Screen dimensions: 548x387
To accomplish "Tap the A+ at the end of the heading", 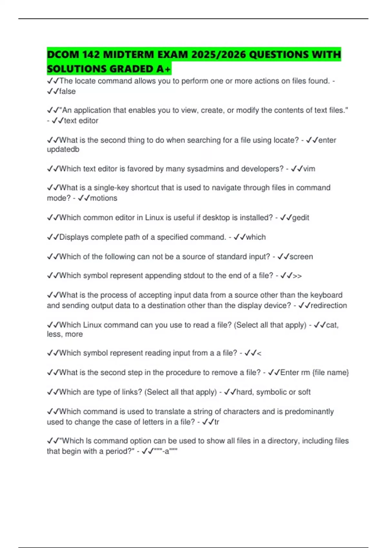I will pos(164,69).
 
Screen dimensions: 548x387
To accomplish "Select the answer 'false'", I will pos(67,92).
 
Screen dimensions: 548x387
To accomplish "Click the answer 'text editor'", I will pos(81,121).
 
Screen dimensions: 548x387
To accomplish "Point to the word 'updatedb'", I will pos(63,150).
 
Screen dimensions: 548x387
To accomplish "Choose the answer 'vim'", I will pos(309,169).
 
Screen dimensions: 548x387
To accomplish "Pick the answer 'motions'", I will pos(104,198).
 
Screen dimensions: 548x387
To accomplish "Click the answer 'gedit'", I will pos(301,218).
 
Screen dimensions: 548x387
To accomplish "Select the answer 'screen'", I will pos(301,257).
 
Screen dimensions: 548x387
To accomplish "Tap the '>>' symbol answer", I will pos(297,276).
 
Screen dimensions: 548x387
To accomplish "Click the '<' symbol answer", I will pos(259,353).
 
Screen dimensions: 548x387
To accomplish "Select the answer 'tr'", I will pos(217,422).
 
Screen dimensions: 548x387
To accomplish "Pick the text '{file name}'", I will pos(331,373).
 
